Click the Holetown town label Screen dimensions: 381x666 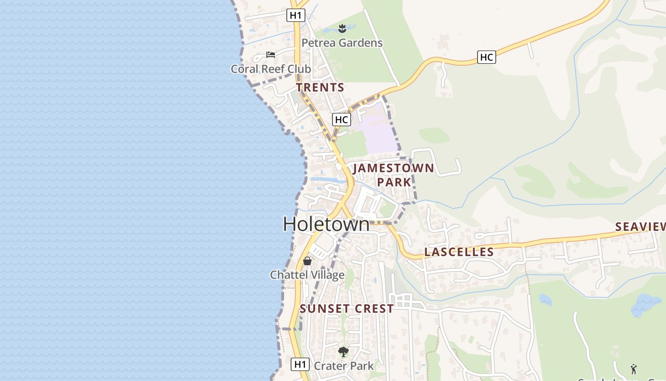[326, 224]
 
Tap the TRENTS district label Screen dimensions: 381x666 [320, 88]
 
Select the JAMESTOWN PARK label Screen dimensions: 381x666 [393, 175]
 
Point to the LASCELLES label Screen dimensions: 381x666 [459, 252]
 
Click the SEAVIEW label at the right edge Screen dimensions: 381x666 [640, 227]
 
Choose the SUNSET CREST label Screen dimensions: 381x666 [347, 309]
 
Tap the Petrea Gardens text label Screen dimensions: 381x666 [342, 43]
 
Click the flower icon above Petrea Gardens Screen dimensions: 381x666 [342, 29]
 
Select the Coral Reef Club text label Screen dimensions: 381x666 [271, 69]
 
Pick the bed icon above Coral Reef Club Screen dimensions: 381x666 [271, 55]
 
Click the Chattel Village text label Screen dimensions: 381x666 [307, 275]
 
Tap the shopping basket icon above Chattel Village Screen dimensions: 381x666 [307, 261]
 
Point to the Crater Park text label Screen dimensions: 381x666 [343, 366]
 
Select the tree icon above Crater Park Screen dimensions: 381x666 [343, 352]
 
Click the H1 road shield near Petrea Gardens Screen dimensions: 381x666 [295, 15]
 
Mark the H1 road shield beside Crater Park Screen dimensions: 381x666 [300, 364]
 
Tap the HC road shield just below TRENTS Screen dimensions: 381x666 [341, 120]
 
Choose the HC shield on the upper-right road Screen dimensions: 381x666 [486, 58]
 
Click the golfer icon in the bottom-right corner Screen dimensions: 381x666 [633, 369]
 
